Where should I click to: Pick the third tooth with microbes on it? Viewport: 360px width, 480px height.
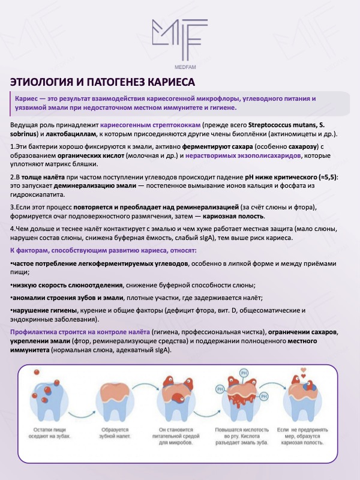(178, 401)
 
